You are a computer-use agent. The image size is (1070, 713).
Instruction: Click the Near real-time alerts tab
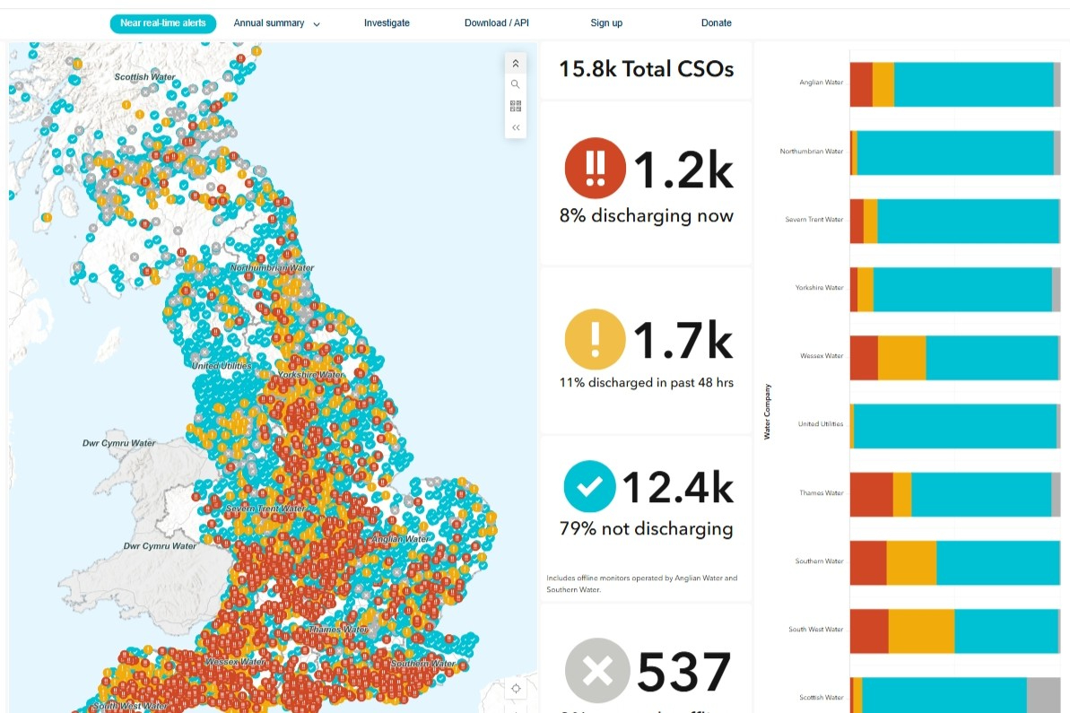(163, 23)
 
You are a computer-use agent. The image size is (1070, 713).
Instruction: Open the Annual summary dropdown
(276, 23)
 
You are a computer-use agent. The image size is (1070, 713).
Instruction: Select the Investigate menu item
(387, 23)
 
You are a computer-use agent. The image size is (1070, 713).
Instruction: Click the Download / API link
(496, 23)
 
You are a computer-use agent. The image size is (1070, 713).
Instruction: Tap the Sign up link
(606, 23)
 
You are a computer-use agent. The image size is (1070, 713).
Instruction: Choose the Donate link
(716, 23)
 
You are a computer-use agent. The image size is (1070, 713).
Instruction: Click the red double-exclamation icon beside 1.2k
(595, 168)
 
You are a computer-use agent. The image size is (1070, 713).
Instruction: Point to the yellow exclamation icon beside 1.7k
(595, 339)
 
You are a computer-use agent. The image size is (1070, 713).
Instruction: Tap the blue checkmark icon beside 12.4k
(589, 486)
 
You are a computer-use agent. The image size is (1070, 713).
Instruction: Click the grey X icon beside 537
(597, 670)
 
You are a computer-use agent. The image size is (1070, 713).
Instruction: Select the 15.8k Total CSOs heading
(646, 69)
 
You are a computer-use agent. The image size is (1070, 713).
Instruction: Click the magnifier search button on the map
(516, 84)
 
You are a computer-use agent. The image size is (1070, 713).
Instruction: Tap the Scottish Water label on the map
(144, 77)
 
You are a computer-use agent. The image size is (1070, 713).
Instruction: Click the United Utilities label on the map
(222, 366)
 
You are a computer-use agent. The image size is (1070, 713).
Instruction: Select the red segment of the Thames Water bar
(871, 494)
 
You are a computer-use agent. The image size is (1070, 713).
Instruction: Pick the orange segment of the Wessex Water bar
(901, 357)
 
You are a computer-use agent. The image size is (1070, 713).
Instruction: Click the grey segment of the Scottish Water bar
(1043, 695)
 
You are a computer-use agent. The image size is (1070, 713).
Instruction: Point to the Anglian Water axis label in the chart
(821, 83)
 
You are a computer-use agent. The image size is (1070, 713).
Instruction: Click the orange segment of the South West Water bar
(921, 631)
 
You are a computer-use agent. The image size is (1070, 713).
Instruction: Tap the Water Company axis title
(767, 412)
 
